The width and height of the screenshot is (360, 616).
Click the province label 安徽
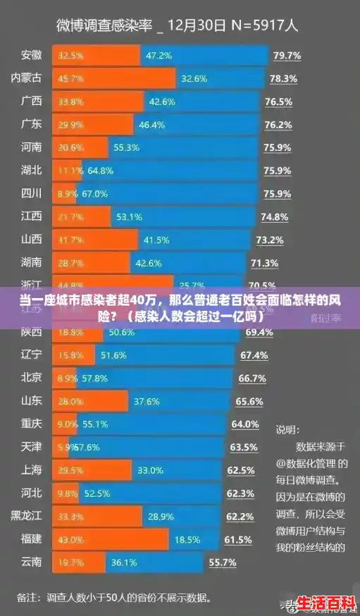click(x=32, y=55)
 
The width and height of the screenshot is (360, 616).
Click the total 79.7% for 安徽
click(x=287, y=56)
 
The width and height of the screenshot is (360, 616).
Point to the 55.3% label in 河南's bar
click(x=127, y=147)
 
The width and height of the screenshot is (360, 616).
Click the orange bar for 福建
click(x=112, y=539)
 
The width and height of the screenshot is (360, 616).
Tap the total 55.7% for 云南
click(x=223, y=563)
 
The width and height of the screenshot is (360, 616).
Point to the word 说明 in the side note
click(x=287, y=429)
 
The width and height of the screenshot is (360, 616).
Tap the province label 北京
click(x=32, y=378)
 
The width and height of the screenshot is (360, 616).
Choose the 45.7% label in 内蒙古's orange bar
click(x=71, y=78)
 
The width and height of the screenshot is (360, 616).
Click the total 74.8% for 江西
click(x=275, y=216)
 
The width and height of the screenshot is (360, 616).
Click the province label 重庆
click(x=32, y=424)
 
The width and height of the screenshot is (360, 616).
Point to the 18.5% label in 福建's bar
click(x=187, y=539)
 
